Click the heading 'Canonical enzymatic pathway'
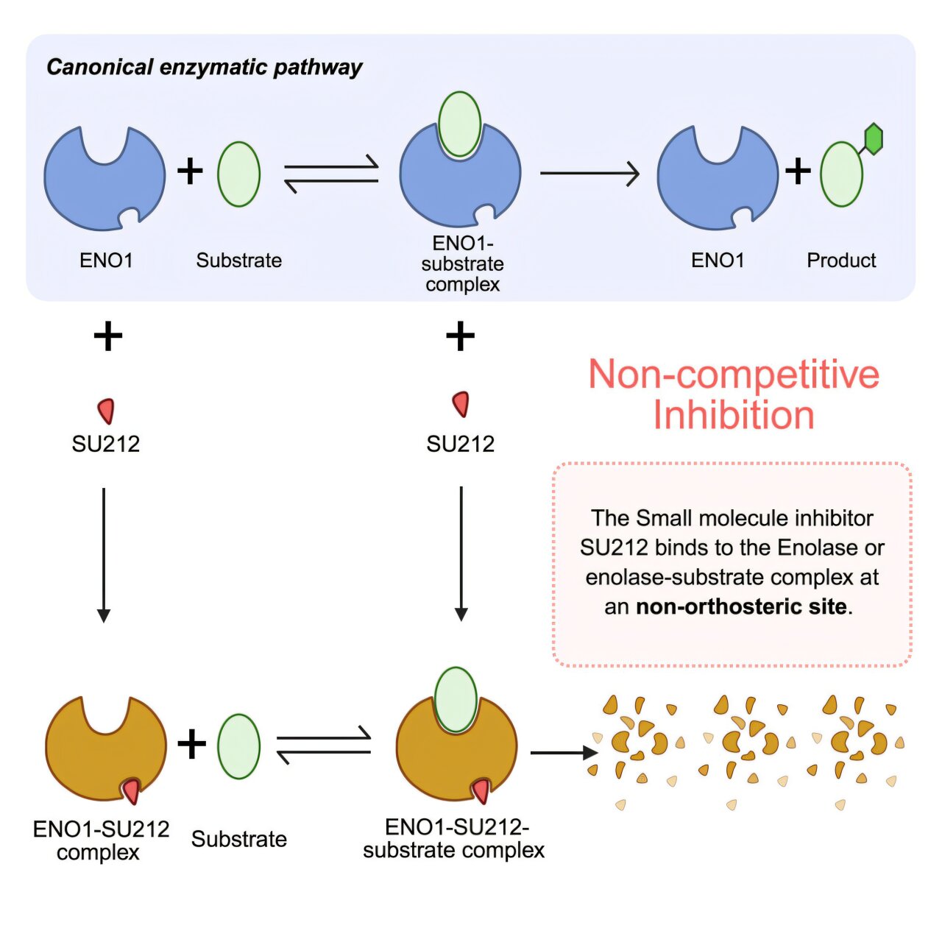pos(205,68)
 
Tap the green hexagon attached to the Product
pos(873,139)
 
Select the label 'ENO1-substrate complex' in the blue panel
pos(462,263)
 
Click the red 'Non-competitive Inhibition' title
pos(734,394)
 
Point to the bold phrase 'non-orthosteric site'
pos(741,607)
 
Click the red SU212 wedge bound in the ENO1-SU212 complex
pos(132,791)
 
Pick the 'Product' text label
pos(841,261)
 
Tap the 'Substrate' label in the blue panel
pos(238,261)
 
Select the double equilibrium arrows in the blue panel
pos(331,174)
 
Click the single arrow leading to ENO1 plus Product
pos(589,174)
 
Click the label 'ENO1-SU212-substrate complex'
pos(454,839)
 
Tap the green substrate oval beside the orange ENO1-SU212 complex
pos(239,746)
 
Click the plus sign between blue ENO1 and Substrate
pos(190,171)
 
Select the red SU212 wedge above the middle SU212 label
pos(461,404)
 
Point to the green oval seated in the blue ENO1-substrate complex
pos(459,124)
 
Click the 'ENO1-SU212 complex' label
pos(101,840)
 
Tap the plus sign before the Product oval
pos(798,171)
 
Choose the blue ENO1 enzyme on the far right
pos(716,180)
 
